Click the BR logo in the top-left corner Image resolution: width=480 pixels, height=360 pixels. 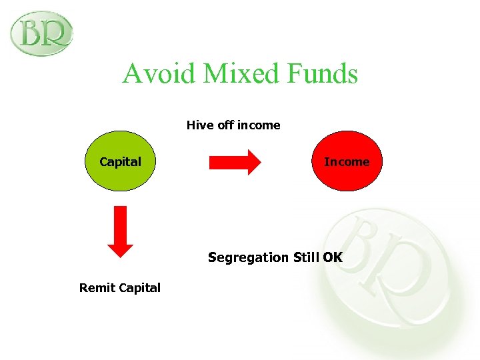pyautogui.click(x=41, y=33)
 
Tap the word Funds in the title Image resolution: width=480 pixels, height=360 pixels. pyautogui.click(x=323, y=73)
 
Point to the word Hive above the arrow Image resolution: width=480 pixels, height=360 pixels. pyautogui.click(x=199, y=125)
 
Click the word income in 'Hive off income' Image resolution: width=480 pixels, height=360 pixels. pyautogui.click(x=259, y=125)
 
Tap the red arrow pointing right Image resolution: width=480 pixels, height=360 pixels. pyautogui.click(x=234, y=162)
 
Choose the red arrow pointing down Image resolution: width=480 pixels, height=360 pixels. pyautogui.click(x=121, y=231)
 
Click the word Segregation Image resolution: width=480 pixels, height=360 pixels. pyautogui.click(x=249, y=257)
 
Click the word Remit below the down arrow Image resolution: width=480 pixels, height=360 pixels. pyautogui.click(x=97, y=288)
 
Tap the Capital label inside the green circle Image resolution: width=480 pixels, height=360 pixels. pyautogui.click(x=120, y=162)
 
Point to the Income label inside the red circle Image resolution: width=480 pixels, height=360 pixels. pyautogui.click(x=347, y=162)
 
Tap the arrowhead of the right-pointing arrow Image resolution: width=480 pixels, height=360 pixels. pyautogui.click(x=253, y=162)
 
